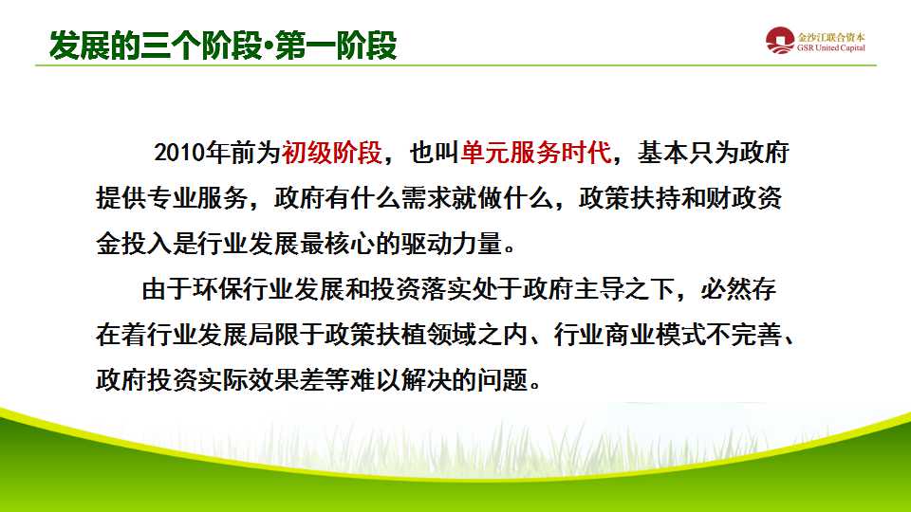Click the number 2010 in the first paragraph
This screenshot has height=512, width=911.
click(178, 153)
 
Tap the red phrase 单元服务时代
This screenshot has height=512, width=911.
click(538, 153)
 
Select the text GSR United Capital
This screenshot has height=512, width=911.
click(831, 48)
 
